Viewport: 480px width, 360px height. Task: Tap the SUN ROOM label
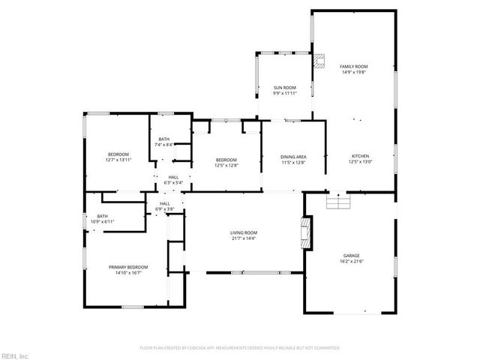(284, 88)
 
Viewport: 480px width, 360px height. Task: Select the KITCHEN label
(361, 156)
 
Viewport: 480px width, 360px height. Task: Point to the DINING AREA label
(293, 156)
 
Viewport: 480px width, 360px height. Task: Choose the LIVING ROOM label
(244, 232)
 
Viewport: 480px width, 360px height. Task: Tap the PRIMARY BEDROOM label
(128, 267)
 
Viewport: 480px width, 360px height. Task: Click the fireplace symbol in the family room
(321, 62)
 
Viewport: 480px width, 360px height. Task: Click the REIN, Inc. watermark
(15, 355)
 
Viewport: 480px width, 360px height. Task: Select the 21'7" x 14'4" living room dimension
(244, 238)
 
